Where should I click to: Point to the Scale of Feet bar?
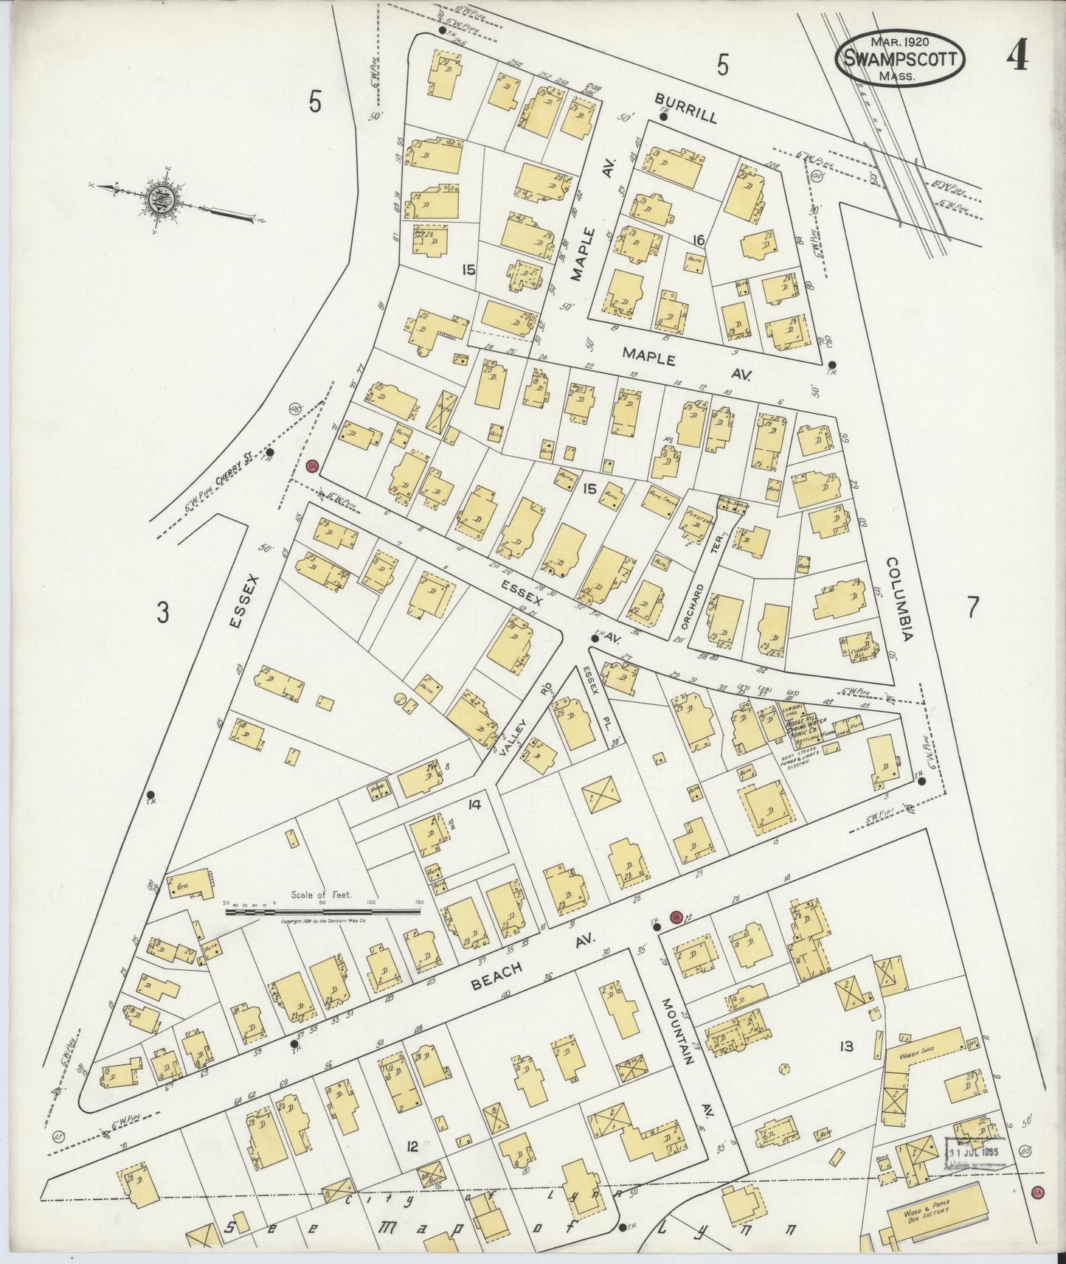click(x=322, y=911)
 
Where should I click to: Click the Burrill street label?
click(x=687, y=109)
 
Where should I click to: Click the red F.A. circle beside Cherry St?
click(x=312, y=466)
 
